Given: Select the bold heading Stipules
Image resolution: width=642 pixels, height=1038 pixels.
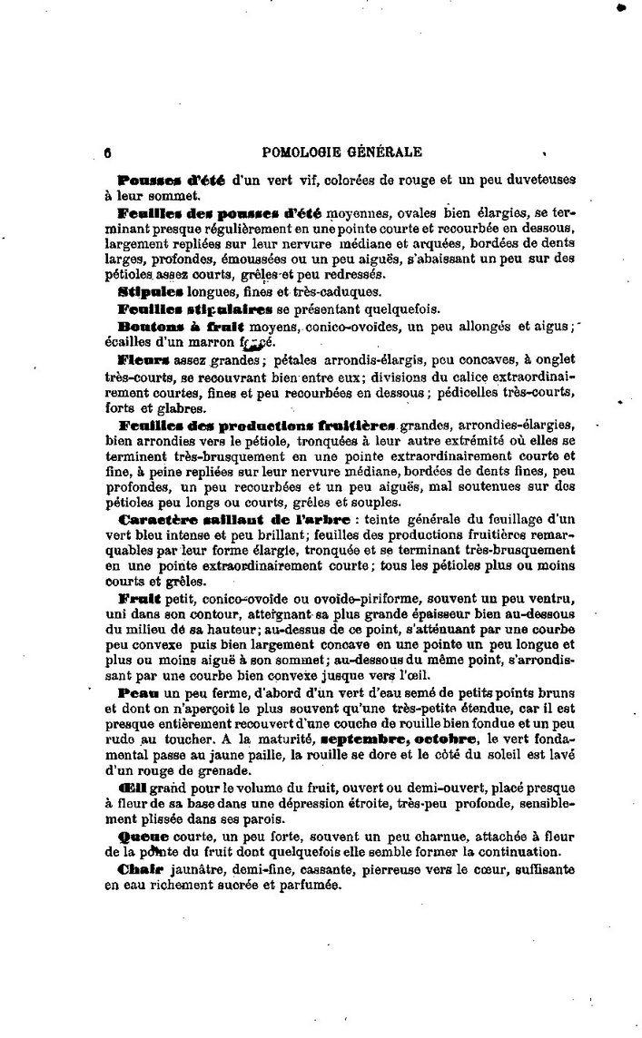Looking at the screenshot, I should [151, 292].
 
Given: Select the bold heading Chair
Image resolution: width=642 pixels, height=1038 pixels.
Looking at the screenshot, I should [141, 869].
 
